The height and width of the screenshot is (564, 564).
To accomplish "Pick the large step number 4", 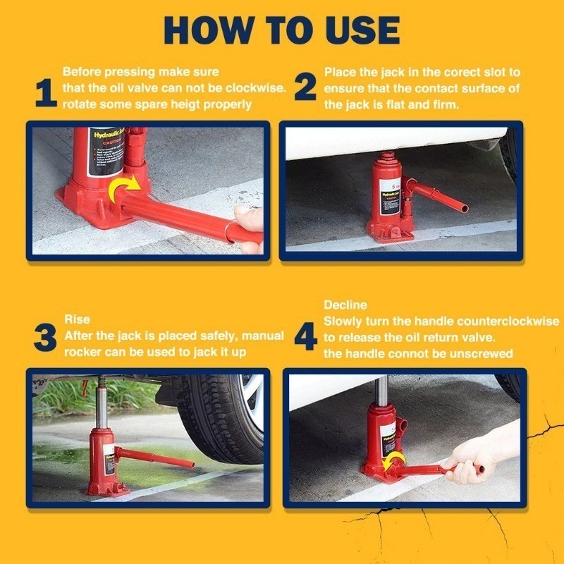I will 305,338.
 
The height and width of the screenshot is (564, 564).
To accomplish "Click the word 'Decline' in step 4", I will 345,305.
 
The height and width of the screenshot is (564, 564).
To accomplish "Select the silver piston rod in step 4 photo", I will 381,391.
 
